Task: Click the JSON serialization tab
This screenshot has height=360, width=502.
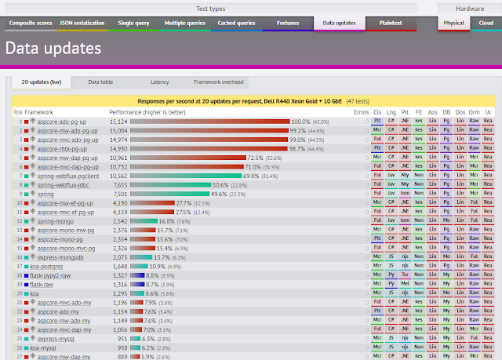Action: click(x=82, y=23)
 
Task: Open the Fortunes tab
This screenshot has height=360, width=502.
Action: click(x=288, y=23)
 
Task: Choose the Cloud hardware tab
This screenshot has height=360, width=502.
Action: click(x=485, y=23)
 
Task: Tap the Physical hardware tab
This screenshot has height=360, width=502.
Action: click(x=454, y=23)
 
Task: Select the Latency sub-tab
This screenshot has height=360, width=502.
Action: click(x=159, y=82)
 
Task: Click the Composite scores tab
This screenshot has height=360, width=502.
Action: click(x=30, y=23)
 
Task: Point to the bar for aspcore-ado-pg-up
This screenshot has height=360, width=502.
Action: click(x=209, y=122)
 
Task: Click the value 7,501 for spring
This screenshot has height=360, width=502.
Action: click(x=116, y=194)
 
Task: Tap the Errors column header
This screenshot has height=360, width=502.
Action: click(x=361, y=112)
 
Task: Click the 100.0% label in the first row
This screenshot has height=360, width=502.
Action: click(x=300, y=122)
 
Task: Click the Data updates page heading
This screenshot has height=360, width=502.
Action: click(x=53, y=49)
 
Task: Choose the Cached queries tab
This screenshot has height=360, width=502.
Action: click(x=236, y=23)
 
